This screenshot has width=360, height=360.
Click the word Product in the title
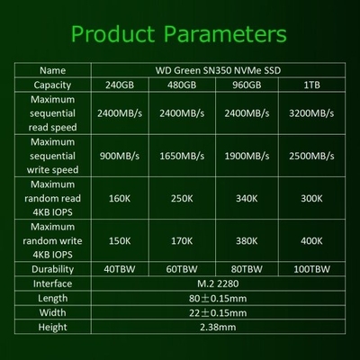[x=112, y=33]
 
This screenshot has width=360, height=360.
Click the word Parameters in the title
[x=225, y=33]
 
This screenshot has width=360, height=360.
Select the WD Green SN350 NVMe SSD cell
[x=218, y=70]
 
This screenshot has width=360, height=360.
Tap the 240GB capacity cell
[x=120, y=85]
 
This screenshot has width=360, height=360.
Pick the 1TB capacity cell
[x=311, y=85]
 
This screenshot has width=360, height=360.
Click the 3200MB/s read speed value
[x=311, y=113]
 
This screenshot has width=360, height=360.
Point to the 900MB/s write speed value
[x=120, y=156]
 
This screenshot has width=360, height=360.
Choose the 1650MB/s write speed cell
[x=182, y=156]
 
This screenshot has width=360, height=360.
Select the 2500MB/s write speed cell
[x=311, y=156]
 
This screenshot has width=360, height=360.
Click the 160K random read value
[x=120, y=198]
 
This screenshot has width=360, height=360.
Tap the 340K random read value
[x=247, y=198]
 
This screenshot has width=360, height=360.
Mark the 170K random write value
[x=182, y=241]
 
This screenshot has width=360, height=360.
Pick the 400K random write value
[x=311, y=241]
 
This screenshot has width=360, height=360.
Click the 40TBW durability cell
[x=120, y=269]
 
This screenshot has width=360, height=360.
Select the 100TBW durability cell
[x=311, y=269]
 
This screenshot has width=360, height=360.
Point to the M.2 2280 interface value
[x=218, y=283]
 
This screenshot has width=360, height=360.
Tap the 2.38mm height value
[x=218, y=327]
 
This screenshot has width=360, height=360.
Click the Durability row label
[x=52, y=269]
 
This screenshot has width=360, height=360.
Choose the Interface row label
[x=52, y=283]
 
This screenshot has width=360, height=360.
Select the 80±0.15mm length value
[x=218, y=298]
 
